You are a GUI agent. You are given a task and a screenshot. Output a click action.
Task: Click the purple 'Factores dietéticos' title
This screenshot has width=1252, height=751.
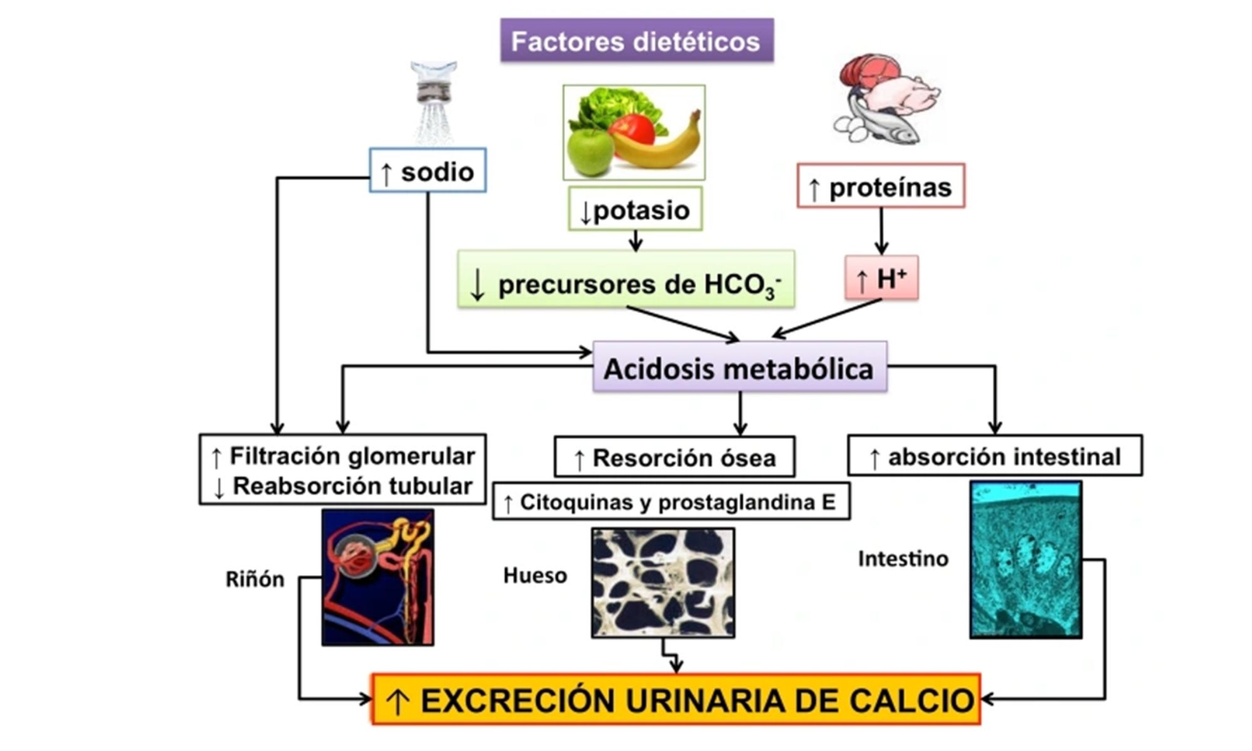[x=637, y=41]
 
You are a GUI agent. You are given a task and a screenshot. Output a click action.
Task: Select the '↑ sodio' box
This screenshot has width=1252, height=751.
[x=428, y=170]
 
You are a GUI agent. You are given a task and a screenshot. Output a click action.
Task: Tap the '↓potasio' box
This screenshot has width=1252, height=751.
[x=635, y=209]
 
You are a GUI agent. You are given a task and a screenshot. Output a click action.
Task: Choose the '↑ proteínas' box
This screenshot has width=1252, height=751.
[x=880, y=186]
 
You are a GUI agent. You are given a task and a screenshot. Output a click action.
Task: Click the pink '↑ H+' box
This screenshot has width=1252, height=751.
[x=881, y=278]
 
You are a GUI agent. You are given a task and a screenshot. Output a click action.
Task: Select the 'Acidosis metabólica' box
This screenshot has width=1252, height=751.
[x=739, y=367]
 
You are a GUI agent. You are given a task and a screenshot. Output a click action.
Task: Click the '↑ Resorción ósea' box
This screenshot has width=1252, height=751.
[x=674, y=457]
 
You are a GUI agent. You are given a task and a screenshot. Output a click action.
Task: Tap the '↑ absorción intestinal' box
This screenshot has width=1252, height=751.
[x=995, y=456]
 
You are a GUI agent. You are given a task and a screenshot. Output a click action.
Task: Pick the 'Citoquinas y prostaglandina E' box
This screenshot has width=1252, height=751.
[x=670, y=501]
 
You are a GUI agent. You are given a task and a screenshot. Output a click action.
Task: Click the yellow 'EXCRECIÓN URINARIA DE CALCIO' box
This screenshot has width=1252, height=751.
[x=676, y=699]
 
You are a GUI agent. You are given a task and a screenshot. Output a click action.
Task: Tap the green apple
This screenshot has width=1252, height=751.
[x=590, y=150]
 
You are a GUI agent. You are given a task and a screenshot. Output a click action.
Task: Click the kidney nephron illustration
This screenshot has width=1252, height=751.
[x=377, y=576]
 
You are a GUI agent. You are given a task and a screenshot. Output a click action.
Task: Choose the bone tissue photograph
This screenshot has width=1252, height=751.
[x=663, y=583]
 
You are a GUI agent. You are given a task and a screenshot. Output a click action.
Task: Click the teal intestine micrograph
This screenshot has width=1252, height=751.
[x=1025, y=559]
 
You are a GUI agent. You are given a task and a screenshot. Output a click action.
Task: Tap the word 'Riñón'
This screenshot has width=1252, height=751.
[x=255, y=580]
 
